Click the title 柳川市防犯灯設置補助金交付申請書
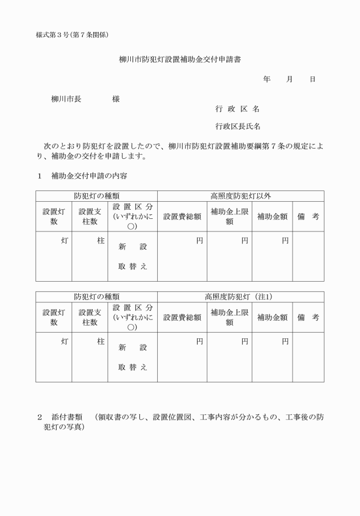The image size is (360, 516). coord(179,59)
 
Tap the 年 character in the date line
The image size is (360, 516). coord(266,79)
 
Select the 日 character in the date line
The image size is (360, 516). coord(313,79)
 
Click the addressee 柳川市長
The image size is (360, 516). coord(66,99)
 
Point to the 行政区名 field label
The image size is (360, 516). coord(237,109)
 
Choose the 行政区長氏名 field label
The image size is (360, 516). coord(238,126)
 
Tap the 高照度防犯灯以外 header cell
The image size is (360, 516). coord(241,196)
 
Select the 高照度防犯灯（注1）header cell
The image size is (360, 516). coord(241,297)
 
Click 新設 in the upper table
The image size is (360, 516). coord(133,247)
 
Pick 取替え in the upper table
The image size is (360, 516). coord(133,266)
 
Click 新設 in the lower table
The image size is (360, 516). coord(133,347)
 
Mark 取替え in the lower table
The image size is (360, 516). coord(133,367)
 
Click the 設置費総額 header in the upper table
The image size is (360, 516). coord(182,217)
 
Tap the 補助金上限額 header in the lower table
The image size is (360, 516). coord(229,317)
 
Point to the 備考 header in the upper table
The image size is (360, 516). coord(308,217)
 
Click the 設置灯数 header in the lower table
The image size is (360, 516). coord(54,317)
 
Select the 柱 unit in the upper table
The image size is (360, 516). coord(101,241)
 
